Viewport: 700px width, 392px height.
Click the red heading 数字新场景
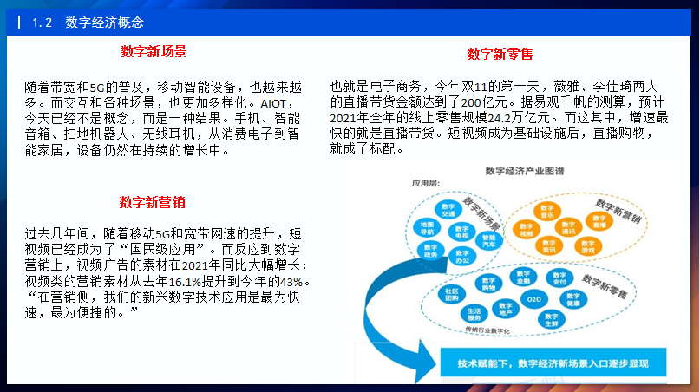(x=154, y=51)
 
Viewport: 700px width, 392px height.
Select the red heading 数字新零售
(x=500, y=54)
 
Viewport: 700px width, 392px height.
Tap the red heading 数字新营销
(x=153, y=203)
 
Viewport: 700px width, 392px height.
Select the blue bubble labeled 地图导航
(x=428, y=228)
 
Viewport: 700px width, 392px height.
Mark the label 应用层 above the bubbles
(x=428, y=184)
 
